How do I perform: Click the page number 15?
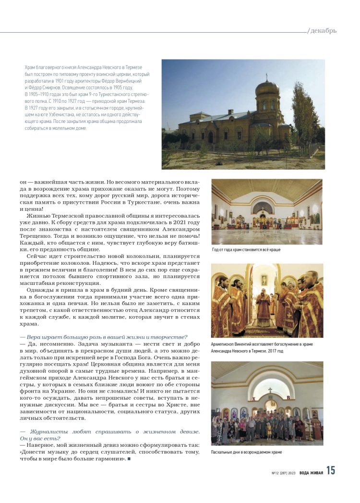(331, 471)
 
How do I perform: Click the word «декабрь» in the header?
(324, 31)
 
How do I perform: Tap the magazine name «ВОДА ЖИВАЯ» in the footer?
(311, 472)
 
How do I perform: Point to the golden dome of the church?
(267, 87)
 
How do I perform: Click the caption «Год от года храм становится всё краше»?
(246, 250)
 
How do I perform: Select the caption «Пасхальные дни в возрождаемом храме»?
(246, 452)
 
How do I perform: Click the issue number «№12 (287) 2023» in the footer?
(283, 473)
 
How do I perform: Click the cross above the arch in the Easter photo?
(270, 390)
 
